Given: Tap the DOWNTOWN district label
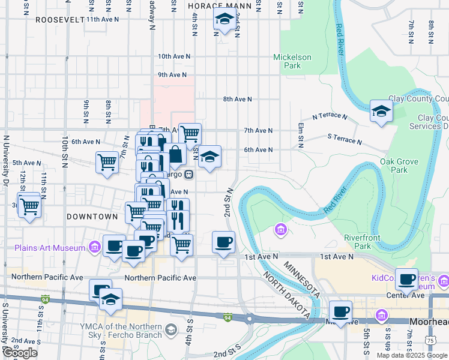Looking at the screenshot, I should pyautogui.click(x=92, y=216).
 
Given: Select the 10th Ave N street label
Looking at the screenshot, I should pyautogui.click(x=174, y=56).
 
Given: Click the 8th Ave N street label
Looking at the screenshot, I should pyautogui.click(x=237, y=99).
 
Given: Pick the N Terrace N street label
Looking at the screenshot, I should pyautogui.click(x=330, y=116).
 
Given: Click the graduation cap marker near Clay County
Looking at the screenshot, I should pyautogui.click(x=381, y=112).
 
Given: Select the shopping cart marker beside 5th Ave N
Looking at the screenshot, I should pyautogui.click(x=107, y=161).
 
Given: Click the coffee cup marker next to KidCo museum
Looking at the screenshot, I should pyautogui.click(x=408, y=279).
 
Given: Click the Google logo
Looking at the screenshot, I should pyautogui.click(x=20, y=352).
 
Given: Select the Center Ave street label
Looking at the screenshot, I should pyautogui.click(x=402, y=295).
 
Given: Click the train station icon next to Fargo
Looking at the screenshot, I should pyautogui.click(x=188, y=175).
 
